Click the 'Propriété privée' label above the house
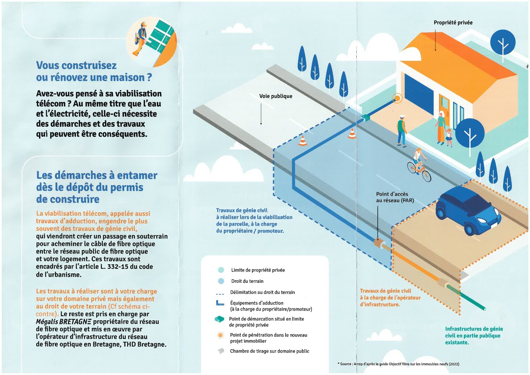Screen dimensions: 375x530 pyautogui.click(x=453, y=23)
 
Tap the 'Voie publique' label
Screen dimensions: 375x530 pyautogui.click(x=276, y=96)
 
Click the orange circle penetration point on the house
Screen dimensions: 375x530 pyautogui.click(x=397, y=98)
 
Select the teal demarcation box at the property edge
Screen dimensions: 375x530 pyautogui.click(x=366, y=118)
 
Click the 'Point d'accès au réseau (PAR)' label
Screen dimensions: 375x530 pyautogui.click(x=395, y=197)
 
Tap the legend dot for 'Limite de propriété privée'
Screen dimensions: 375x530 pyautogui.click(x=221, y=270)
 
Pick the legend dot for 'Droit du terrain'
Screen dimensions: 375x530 pyautogui.click(x=221, y=281)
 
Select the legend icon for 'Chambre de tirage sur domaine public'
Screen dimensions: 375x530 pyautogui.click(x=221, y=351)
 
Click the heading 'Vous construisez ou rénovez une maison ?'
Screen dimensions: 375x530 pyautogui.click(x=94, y=71)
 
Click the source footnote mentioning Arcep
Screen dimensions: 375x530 pyautogui.click(x=398, y=364)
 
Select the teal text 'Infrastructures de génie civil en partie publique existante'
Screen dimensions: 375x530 pyautogui.click(x=473, y=336)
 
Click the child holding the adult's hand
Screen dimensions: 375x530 pyautogui.click(x=448, y=137)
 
